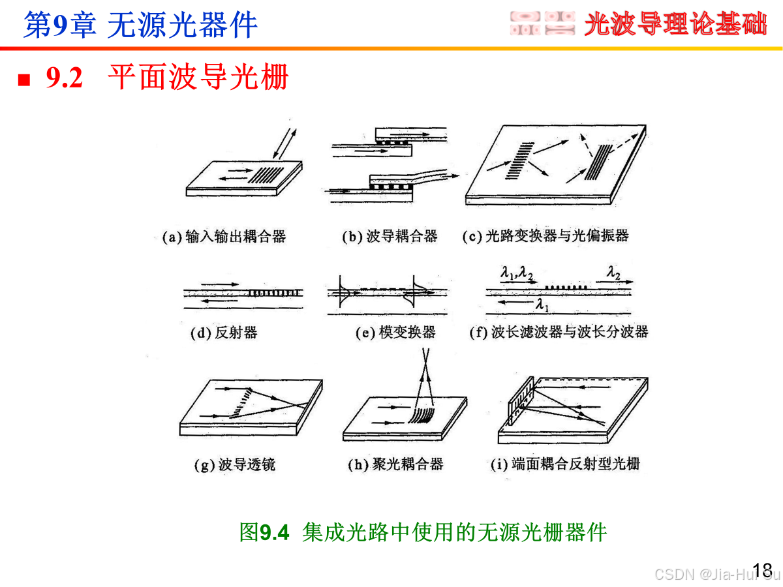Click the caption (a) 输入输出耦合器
coord(224,237)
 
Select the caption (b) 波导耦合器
coord(390,236)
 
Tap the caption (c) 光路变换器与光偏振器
coord(545,236)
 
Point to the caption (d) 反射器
coord(224,333)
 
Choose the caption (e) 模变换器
coord(395,332)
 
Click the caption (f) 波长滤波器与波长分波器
coord(559,332)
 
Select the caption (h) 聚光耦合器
coord(395,464)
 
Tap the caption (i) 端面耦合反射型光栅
coord(565,464)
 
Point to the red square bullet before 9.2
coord(24,80)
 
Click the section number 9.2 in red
coord(64,78)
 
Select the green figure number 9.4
coord(274,533)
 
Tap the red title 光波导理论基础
coord(675,24)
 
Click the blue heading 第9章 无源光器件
coord(140,25)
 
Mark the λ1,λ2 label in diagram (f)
coord(517,273)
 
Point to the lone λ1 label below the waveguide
coord(542,305)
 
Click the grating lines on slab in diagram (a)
coord(266,175)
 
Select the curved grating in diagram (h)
coord(422,415)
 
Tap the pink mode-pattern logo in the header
coord(542,23)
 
